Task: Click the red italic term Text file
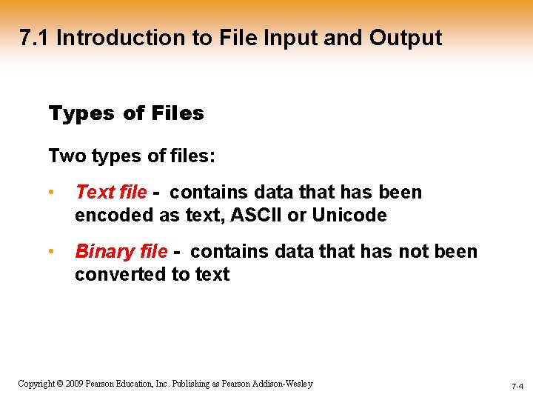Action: click(x=111, y=193)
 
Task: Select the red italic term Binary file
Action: click(x=121, y=252)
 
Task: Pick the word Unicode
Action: click(x=349, y=216)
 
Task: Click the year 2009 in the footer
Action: click(x=73, y=384)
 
